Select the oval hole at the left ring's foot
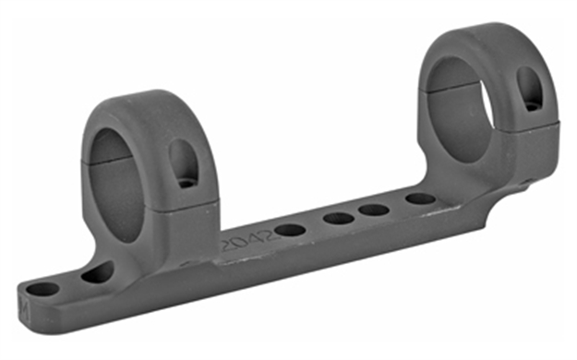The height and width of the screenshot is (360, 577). pyautogui.click(x=96, y=272)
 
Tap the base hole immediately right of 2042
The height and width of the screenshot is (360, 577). pyautogui.click(x=290, y=230)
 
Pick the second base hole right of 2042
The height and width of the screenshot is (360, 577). pyautogui.click(x=338, y=219)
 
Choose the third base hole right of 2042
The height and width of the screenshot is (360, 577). pyautogui.click(x=374, y=210)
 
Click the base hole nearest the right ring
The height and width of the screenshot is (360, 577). pyautogui.click(x=420, y=198)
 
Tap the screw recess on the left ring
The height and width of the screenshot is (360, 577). pyautogui.click(x=183, y=163)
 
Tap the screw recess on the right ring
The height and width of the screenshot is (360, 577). pyautogui.click(x=532, y=89)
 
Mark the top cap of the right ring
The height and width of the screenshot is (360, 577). pyautogui.click(x=489, y=42)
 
